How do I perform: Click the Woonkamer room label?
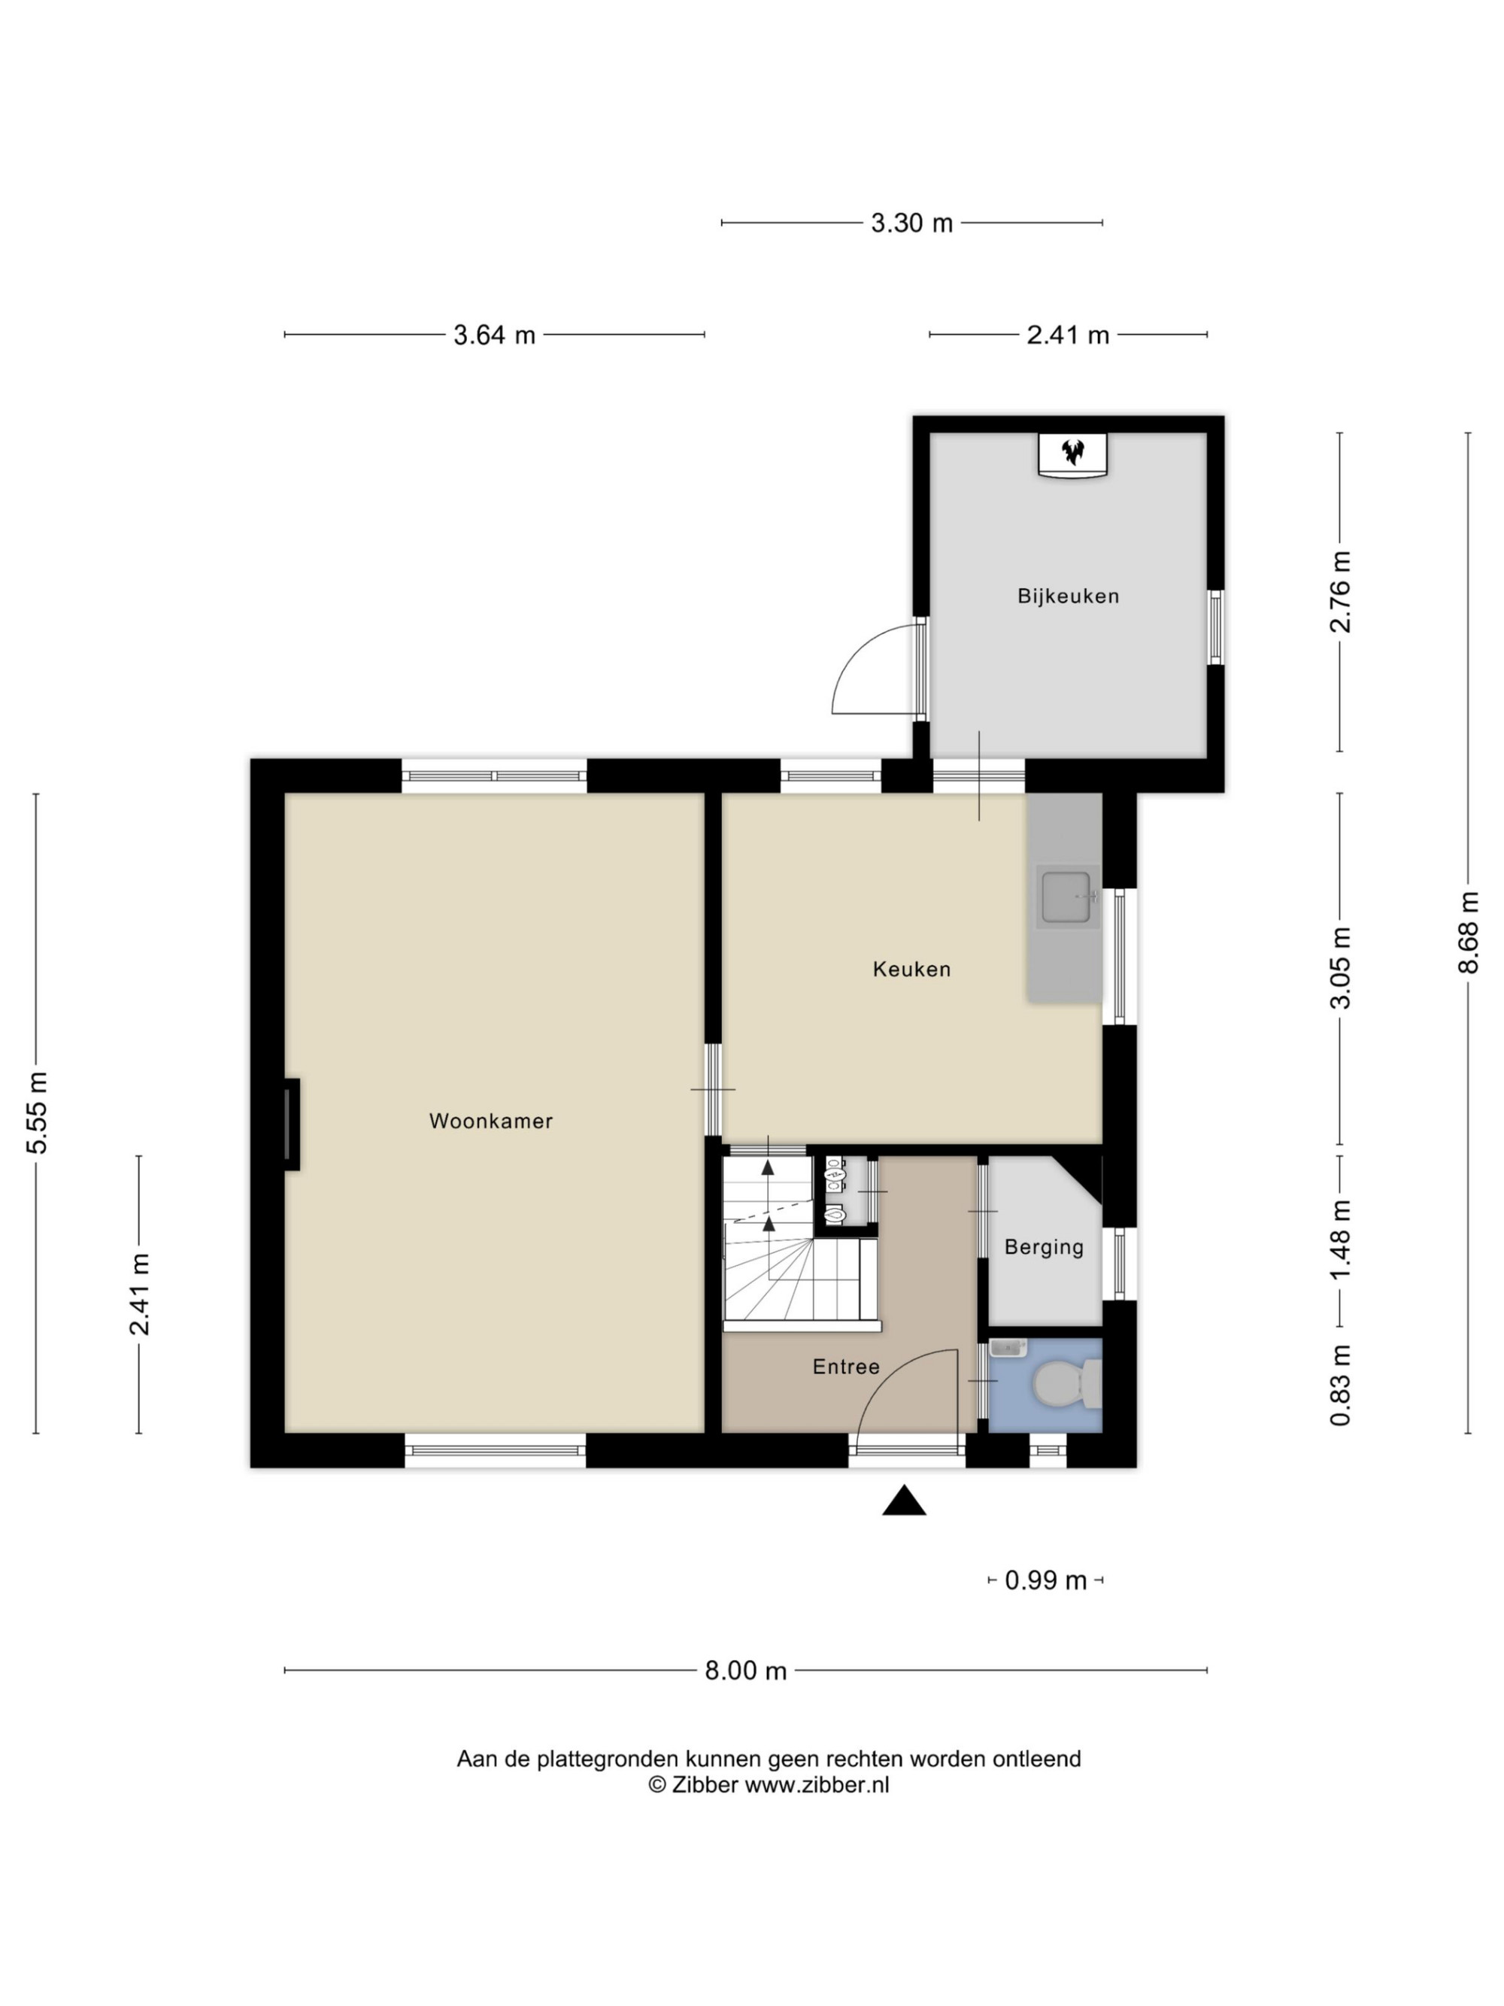490,1121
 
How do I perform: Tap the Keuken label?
911,970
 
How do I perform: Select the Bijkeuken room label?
1068,596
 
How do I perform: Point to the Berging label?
1044,1248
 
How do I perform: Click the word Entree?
846,1367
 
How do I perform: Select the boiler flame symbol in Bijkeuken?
1072,451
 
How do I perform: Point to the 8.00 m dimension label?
745,1671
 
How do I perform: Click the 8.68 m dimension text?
1468,932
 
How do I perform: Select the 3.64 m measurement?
494,335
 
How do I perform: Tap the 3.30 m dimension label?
912,223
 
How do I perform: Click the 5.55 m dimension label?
36,1112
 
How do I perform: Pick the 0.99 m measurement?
1045,1581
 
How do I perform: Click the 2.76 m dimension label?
1340,592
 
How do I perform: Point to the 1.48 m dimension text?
1340,1240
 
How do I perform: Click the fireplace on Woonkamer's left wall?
291,1124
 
